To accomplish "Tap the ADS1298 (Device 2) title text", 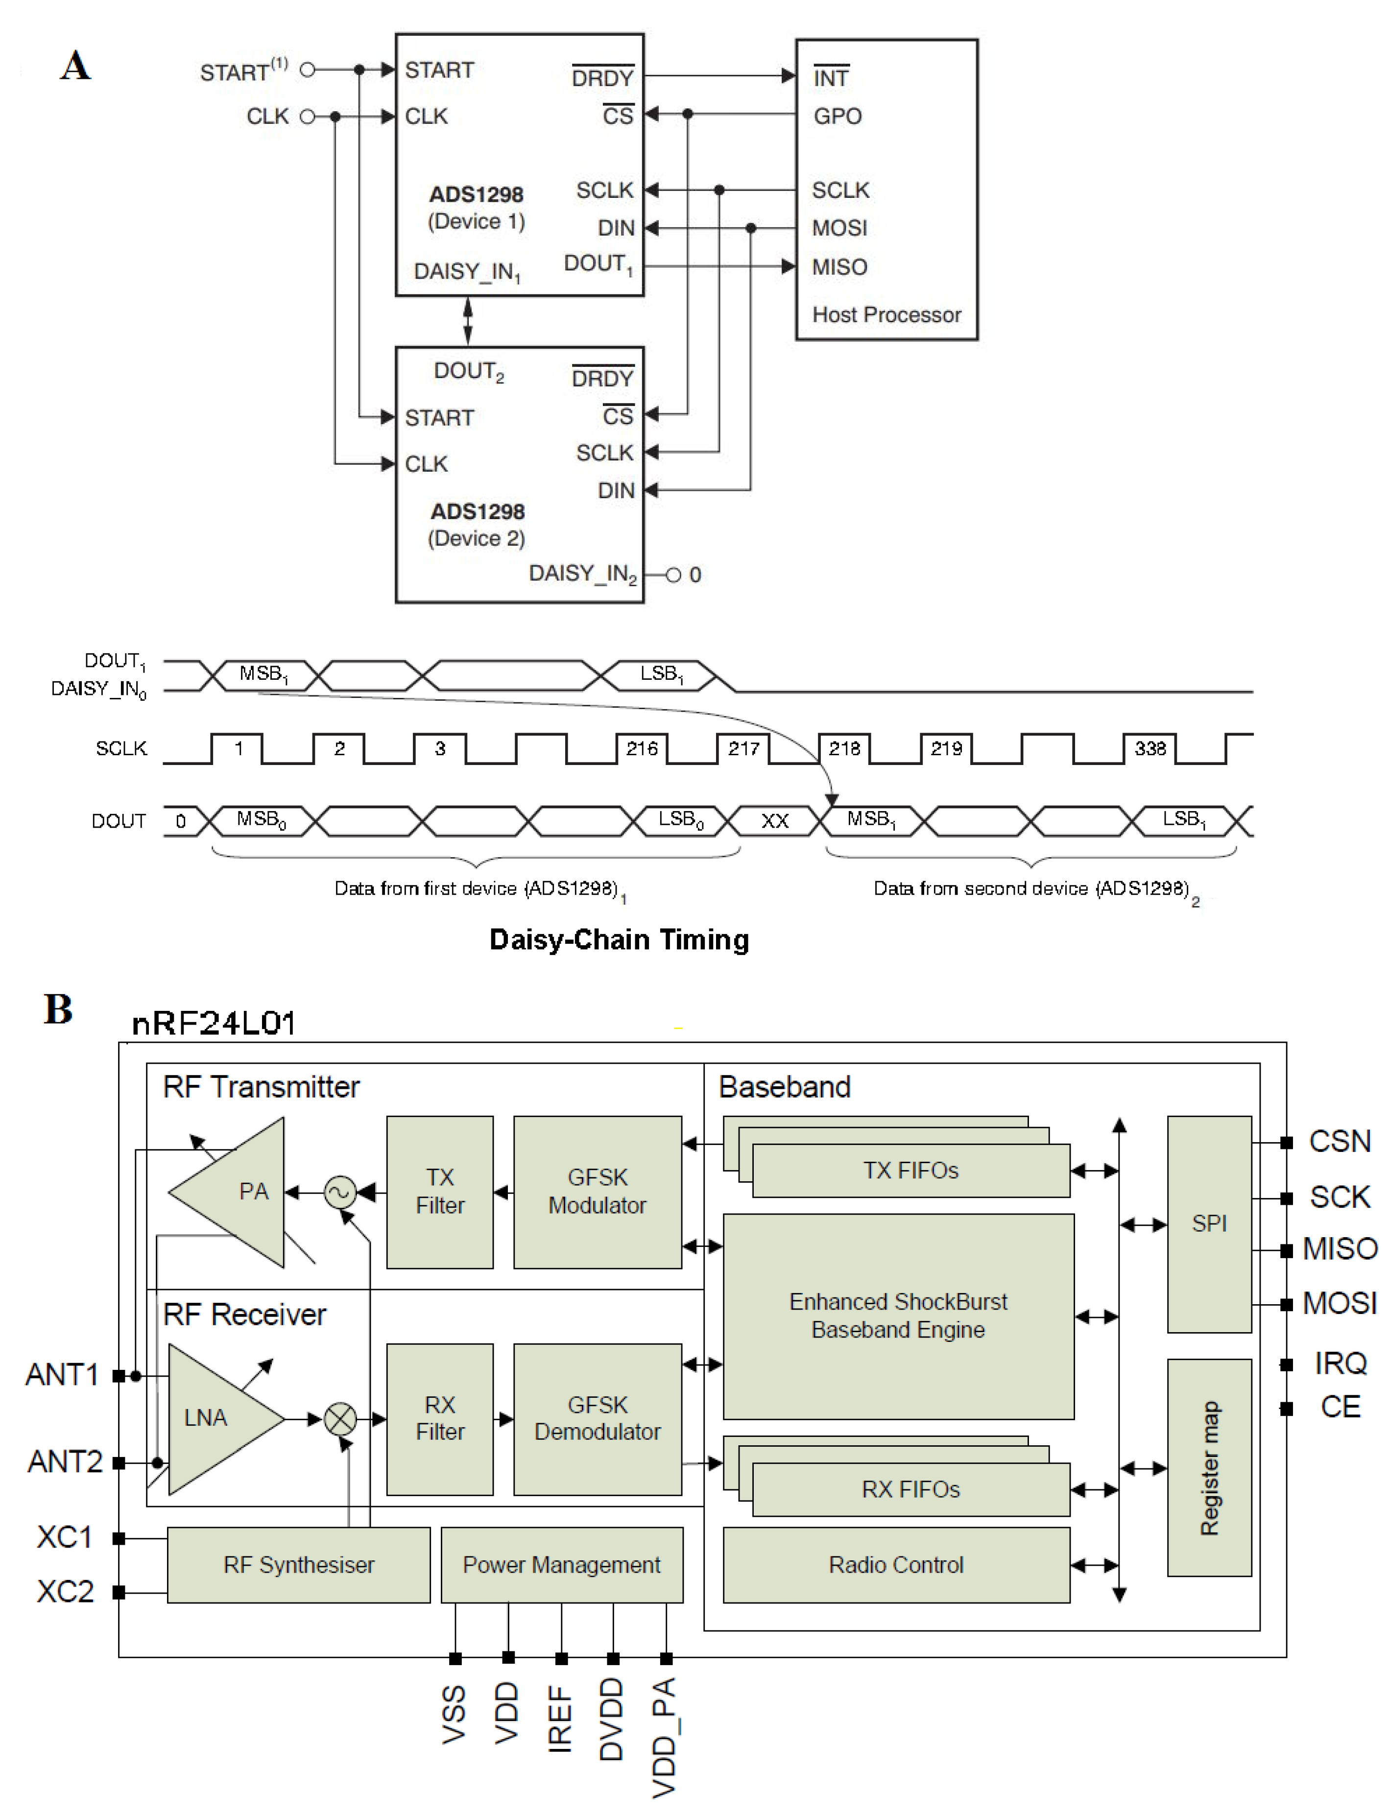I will point(477,524).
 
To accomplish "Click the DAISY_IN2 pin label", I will point(582,574).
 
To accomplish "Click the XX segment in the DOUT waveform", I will point(774,820).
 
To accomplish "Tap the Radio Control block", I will point(896,1564).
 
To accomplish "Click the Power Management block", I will point(562,1564).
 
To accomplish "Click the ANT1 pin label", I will point(62,1374).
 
